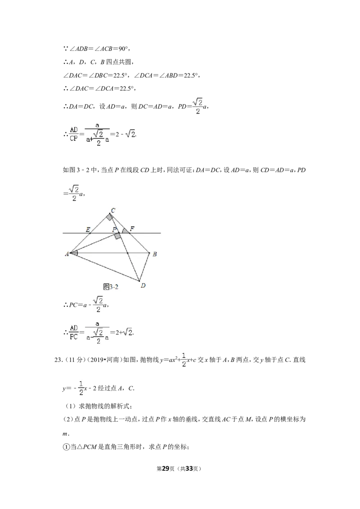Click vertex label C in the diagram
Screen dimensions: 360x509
[x=113, y=210]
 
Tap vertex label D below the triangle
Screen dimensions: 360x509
[x=143, y=286]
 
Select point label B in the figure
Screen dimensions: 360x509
[x=155, y=254]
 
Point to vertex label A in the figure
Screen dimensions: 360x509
[x=67, y=254]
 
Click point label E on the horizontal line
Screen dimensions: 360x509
[x=88, y=229]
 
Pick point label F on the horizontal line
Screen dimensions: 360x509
[x=131, y=229]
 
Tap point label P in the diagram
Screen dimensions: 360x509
[x=114, y=229]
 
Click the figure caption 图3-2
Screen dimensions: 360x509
[x=110, y=286]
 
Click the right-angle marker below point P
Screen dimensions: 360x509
[x=117, y=236]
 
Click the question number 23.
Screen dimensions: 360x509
[x=58, y=360]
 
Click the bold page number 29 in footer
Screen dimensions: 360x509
[x=166, y=469]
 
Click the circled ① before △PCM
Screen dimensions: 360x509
[x=66, y=447]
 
